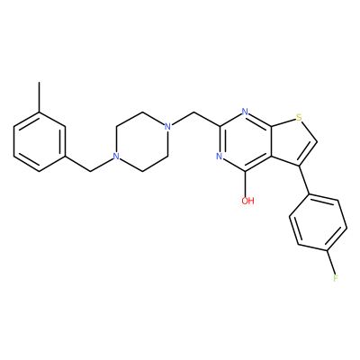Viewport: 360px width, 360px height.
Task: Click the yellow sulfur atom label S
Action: point(299,117)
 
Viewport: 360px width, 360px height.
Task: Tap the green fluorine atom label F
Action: point(336,278)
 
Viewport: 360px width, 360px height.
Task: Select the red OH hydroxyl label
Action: point(248,201)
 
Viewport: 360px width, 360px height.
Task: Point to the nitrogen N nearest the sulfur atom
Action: point(245,112)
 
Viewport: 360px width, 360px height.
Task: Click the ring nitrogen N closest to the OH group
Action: point(220,157)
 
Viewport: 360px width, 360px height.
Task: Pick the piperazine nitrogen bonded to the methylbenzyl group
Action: point(116,157)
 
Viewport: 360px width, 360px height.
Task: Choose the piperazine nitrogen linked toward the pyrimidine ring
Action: point(167,126)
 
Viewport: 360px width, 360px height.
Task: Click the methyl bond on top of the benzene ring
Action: point(39,97)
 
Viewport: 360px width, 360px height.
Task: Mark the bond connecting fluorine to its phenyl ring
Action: point(331,261)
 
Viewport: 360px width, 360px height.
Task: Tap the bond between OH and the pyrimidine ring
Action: point(246,184)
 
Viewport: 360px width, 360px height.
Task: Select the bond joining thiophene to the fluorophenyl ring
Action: point(304,180)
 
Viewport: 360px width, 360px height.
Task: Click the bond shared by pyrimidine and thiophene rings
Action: point(271,141)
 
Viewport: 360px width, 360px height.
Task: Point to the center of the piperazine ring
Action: point(142,141)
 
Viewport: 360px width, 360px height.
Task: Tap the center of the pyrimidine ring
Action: point(246,141)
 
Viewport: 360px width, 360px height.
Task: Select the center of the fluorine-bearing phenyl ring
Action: point(319,222)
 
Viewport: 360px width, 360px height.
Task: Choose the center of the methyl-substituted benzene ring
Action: point(40,141)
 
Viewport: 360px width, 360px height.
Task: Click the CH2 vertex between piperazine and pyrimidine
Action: point(193,112)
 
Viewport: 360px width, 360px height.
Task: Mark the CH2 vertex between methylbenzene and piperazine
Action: point(90,171)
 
